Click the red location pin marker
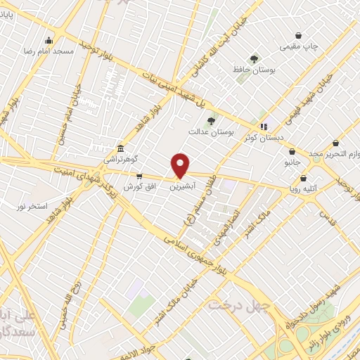[181, 165]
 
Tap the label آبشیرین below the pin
[182, 187]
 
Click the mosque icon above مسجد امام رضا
[48, 40]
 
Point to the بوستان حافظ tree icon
[254, 59]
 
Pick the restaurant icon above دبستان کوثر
[264, 127]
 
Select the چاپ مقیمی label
[300, 46]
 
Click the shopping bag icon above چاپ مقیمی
[299, 35]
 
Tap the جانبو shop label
[292, 162]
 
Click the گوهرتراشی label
[122, 160]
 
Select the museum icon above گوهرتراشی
[121, 148]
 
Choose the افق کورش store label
[139, 186]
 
